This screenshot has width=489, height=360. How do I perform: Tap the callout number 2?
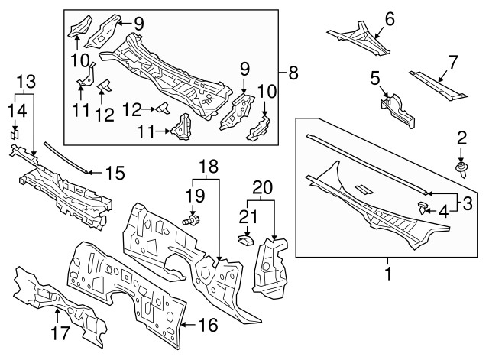pyautogui.click(x=461, y=138)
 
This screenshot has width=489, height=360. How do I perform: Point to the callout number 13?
pyautogui.click(x=25, y=81)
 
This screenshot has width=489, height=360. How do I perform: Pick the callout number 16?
pyautogui.click(x=204, y=326)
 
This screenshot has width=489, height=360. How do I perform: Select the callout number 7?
pyautogui.click(x=452, y=61)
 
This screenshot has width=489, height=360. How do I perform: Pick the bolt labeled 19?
pyautogui.click(x=194, y=220)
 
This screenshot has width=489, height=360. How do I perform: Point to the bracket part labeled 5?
pyautogui.click(x=398, y=109)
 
